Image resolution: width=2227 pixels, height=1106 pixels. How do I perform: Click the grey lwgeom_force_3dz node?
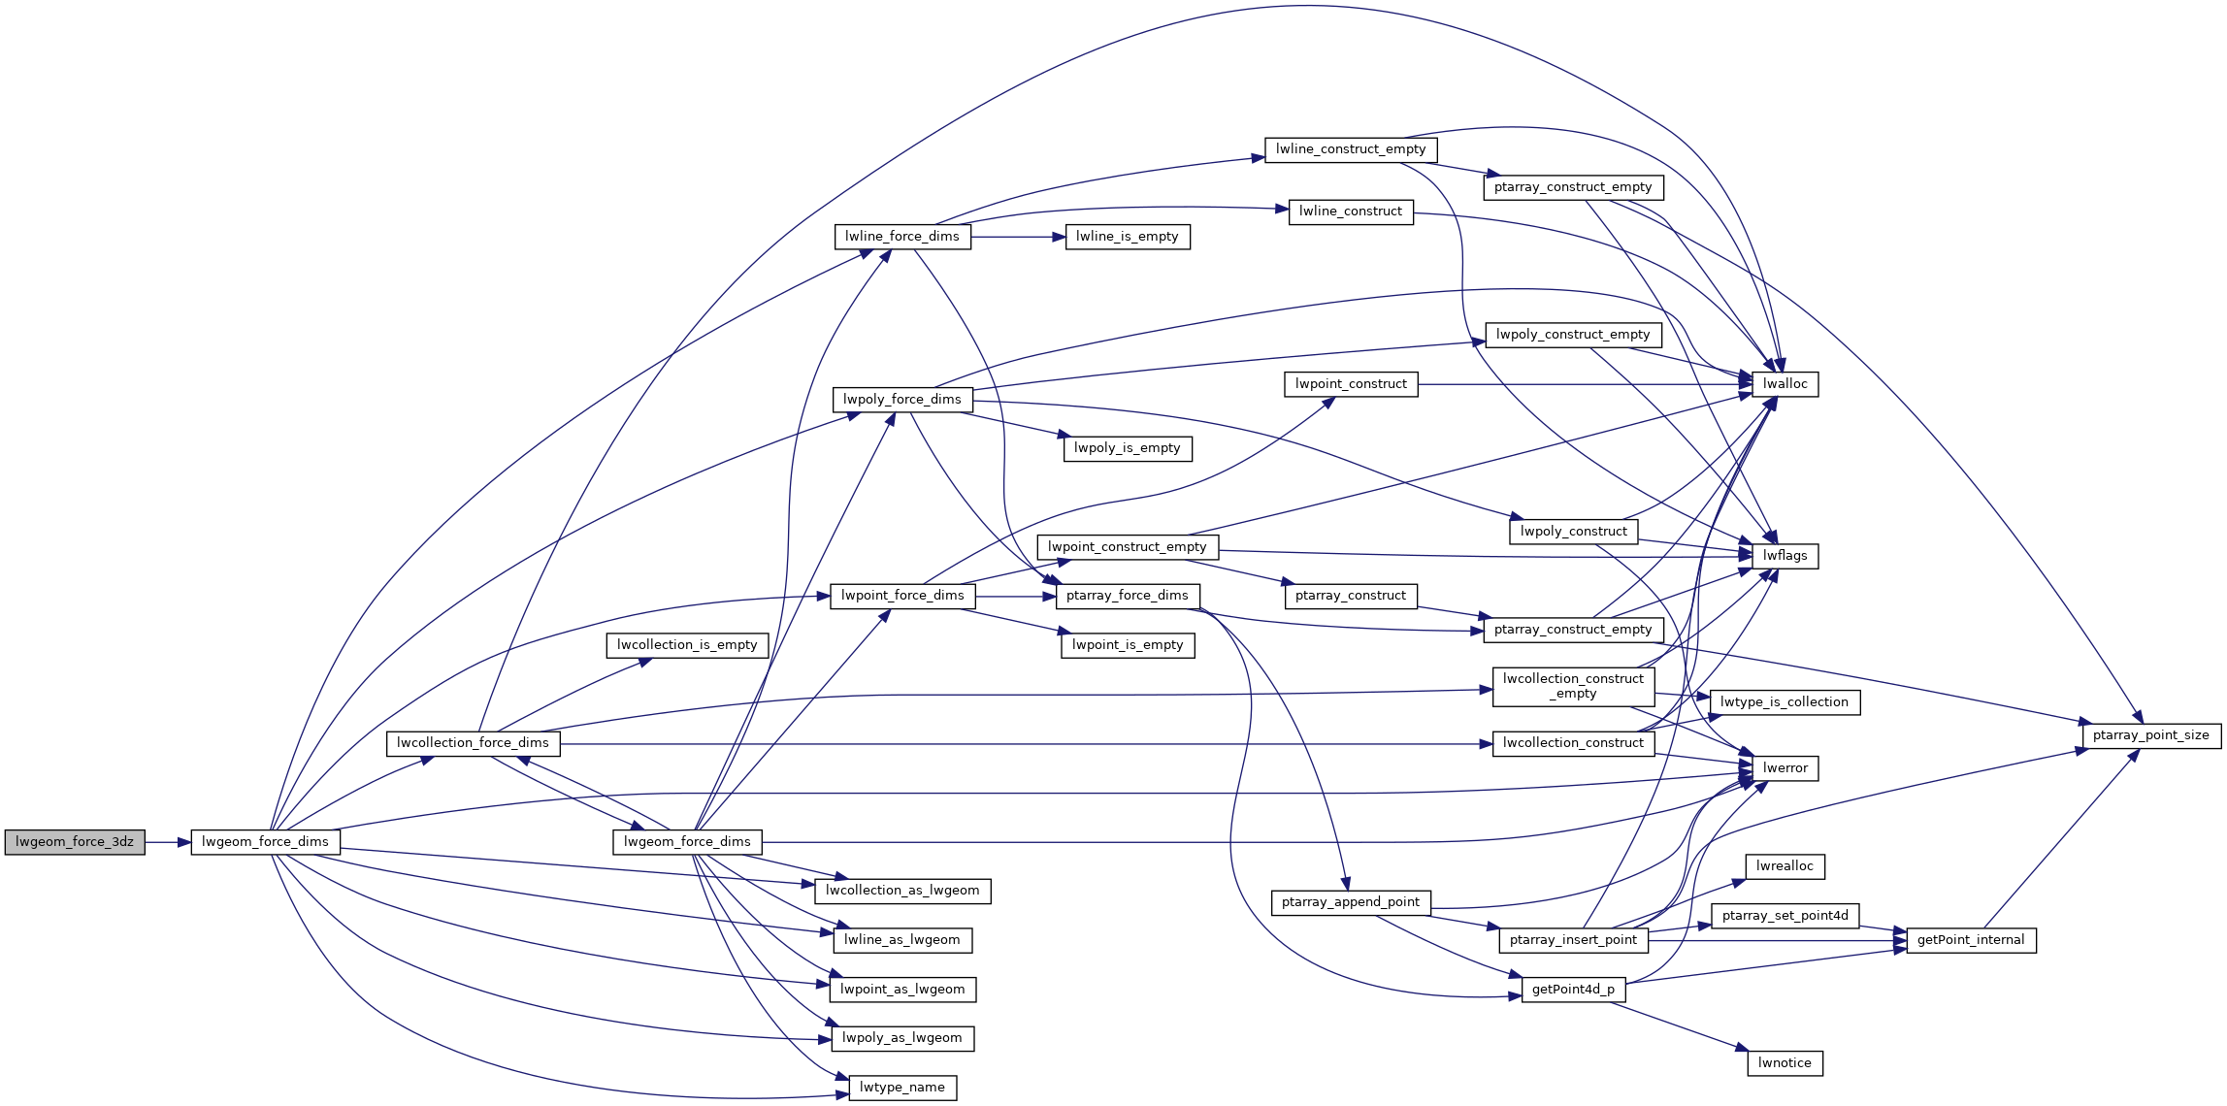click(x=75, y=842)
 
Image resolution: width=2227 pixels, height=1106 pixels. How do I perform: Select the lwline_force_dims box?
click(x=902, y=237)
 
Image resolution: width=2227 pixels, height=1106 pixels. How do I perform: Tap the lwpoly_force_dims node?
click(x=902, y=400)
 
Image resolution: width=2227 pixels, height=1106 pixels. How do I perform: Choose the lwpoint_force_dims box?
click(x=902, y=596)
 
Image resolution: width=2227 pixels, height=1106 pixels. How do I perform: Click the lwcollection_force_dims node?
click(x=473, y=743)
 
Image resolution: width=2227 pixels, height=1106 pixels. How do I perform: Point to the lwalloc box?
click(x=1785, y=384)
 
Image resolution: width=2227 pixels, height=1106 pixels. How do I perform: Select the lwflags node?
click(x=1785, y=556)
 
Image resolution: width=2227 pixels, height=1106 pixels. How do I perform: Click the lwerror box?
click(x=1785, y=768)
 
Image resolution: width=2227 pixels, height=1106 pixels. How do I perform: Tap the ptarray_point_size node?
click(x=2151, y=735)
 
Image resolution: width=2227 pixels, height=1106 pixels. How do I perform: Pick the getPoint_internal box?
click(x=1971, y=940)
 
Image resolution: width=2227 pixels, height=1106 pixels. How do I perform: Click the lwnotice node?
click(x=1785, y=1063)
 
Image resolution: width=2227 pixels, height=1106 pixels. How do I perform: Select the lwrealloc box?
click(x=1785, y=866)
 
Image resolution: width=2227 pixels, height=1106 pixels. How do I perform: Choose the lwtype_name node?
click(x=902, y=1088)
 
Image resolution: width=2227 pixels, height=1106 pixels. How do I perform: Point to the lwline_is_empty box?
click(x=1128, y=237)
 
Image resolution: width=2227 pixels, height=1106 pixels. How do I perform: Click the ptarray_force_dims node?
click(x=1128, y=596)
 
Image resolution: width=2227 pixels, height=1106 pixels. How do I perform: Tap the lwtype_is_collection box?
click(x=1785, y=702)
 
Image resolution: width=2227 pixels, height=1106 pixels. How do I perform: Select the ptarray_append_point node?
click(x=1351, y=902)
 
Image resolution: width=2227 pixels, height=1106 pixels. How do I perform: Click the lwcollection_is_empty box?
click(x=687, y=645)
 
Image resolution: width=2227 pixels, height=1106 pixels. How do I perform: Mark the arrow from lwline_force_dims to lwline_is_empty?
click(x=1018, y=237)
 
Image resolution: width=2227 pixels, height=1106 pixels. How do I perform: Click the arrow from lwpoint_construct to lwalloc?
click(x=1586, y=384)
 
